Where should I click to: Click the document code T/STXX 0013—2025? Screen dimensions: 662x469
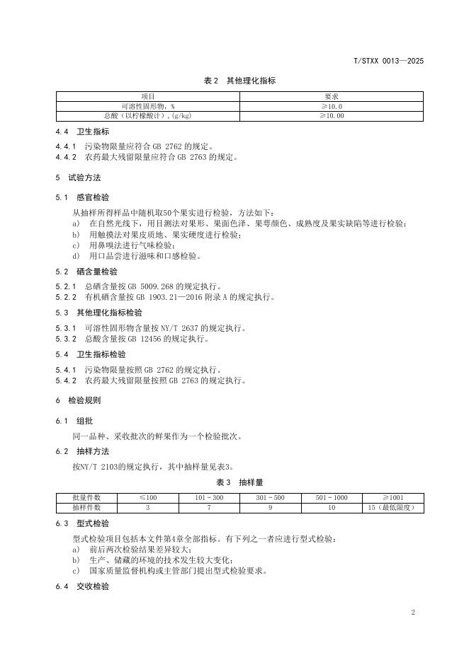point(388,62)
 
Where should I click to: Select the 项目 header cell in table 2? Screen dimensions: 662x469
point(148,96)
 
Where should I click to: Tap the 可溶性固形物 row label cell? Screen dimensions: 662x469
point(148,106)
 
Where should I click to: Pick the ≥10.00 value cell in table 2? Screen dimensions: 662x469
point(331,115)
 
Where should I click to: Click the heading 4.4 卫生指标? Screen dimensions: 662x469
point(83,132)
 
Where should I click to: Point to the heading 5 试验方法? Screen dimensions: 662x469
point(78,178)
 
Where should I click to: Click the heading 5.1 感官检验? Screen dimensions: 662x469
point(83,197)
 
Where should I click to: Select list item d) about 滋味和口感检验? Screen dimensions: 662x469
point(135,255)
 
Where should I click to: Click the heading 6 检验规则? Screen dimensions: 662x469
point(78,400)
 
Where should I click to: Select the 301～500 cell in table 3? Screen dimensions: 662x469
point(270,498)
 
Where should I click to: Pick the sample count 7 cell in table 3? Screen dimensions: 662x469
point(209,507)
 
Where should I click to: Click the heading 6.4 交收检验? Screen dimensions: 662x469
point(83,586)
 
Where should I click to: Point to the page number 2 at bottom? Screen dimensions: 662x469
point(413,612)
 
